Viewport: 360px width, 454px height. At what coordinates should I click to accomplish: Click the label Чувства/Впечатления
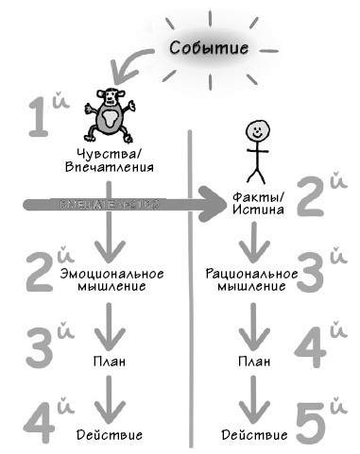tap(111, 161)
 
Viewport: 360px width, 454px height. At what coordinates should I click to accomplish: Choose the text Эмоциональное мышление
tap(112, 280)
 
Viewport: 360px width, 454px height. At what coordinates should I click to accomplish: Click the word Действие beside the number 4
tap(112, 435)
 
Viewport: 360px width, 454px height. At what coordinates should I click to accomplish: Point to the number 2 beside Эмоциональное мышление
tap(43, 272)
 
